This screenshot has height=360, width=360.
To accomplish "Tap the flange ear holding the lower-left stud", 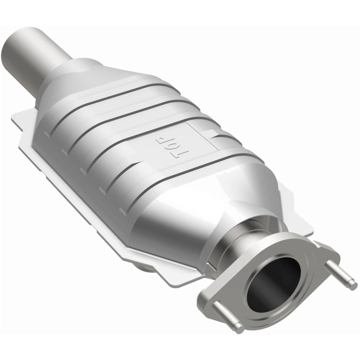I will [x=211, y=299].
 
